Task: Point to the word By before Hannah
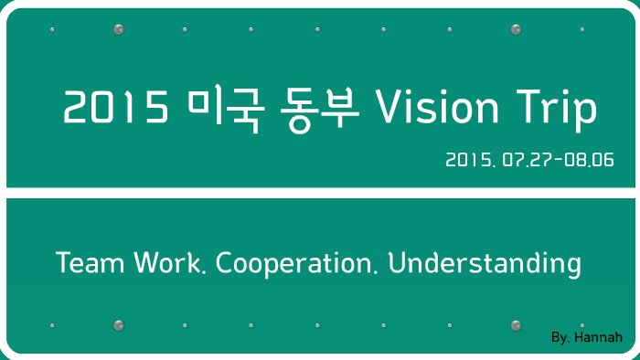click(561, 338)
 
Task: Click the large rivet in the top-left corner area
click(118, 30)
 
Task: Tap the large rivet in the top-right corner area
click(516, 30)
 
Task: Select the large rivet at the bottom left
click(118, 325)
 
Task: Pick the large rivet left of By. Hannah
click(516, 325)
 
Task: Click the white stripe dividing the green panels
click(320, 193)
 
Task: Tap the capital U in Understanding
click(396, 263)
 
